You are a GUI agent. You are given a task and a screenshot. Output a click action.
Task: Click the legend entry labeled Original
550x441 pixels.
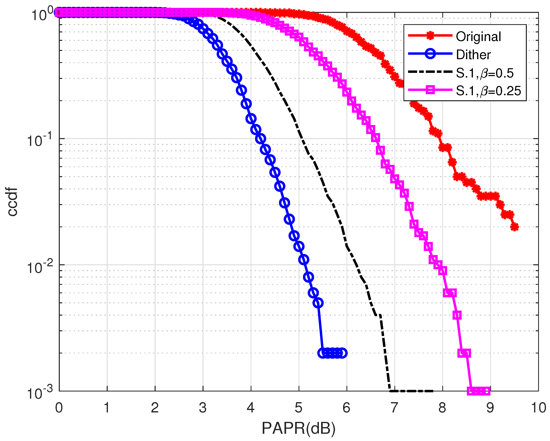point(478,37)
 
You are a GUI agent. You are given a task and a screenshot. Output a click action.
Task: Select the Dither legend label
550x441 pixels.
point(473,55)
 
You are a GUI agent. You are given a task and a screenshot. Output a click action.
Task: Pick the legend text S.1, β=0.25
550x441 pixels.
point(488,91)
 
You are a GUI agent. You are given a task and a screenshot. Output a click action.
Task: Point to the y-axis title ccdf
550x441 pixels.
point(12,202)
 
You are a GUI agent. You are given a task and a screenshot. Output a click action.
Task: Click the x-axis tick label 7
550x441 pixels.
point(394,408)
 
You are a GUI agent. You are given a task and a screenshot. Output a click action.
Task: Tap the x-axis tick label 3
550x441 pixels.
point(203,408)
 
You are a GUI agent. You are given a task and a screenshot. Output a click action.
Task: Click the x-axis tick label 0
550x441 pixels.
point(59,408)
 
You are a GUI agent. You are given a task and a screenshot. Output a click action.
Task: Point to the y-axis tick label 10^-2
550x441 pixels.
point(39,267)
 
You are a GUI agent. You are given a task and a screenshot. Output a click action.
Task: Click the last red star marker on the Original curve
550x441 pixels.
point(515,227)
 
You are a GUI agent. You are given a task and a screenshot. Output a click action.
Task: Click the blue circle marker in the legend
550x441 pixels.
point(430,54)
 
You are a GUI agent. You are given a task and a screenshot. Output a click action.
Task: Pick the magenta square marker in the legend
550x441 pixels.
point(430,90)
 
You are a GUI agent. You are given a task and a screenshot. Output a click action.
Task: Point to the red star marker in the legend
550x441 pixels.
point(430,36)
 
